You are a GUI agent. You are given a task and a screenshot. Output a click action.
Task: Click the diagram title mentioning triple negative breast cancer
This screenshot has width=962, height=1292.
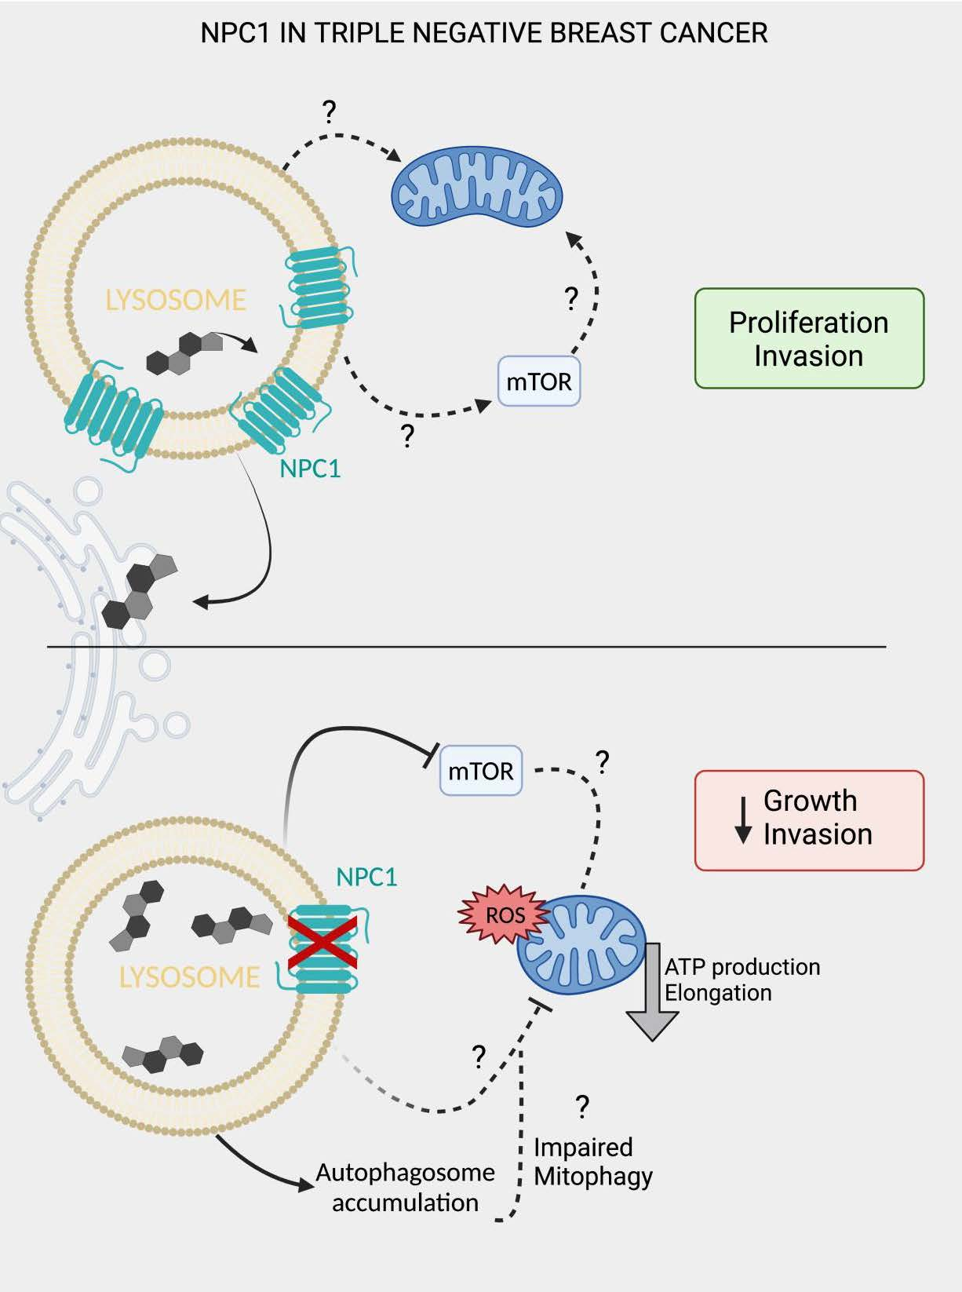[483, 33]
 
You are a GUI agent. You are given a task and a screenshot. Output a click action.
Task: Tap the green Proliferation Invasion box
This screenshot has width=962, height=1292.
[809, 338]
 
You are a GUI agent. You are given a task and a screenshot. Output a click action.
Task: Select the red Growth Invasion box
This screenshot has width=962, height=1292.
[809, 820]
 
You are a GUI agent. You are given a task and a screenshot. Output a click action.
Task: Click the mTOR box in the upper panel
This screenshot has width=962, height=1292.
[539, 381]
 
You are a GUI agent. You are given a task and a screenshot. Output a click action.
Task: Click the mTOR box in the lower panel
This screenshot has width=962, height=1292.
[481, 771]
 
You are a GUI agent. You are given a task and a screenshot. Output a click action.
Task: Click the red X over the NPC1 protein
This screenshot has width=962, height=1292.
[322, 942]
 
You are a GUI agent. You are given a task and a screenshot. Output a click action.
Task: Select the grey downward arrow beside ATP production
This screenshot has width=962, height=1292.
[652, 993]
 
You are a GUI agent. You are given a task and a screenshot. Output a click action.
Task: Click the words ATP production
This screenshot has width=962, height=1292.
[742, 966]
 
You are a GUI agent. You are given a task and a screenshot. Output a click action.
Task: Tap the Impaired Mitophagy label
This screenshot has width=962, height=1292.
[592, 1162]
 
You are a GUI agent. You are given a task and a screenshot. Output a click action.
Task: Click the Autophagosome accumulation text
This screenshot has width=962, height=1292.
[405, 1187]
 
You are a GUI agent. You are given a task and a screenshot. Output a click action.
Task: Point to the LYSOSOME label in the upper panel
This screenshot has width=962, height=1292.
[176, 300]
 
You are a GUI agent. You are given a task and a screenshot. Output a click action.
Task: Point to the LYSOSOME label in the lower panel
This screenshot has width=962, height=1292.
[189, 977]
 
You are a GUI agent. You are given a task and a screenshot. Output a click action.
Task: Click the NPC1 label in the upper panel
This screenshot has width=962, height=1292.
[310, 469]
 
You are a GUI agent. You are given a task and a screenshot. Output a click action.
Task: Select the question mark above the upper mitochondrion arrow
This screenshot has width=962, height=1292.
[330, 112]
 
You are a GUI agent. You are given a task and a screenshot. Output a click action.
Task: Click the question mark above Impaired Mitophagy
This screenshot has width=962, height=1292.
[581, 1106]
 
